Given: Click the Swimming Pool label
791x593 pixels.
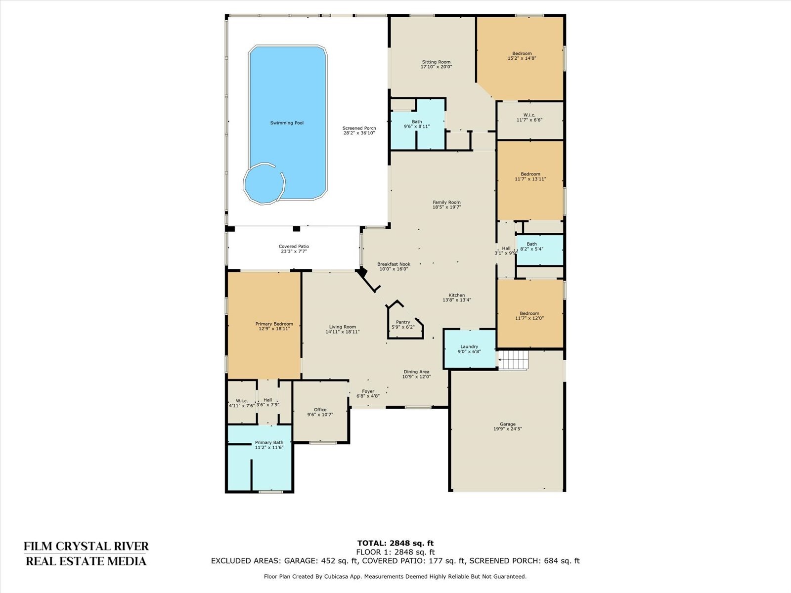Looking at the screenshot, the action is (287, 123).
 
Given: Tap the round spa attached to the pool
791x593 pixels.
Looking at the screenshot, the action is (264, 184).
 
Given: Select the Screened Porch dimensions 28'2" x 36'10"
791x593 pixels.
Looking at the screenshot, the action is (359, 133).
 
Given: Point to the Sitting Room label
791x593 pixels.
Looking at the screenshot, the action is (437, 62).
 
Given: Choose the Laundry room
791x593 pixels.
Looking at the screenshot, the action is (470, 348).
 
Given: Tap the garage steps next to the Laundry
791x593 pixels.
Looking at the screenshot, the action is (513, 360).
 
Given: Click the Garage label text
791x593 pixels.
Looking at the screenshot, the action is (507, 424).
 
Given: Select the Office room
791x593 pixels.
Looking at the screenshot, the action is (320, 412).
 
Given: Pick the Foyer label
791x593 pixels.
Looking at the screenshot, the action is (368, 391).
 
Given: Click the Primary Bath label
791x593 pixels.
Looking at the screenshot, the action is (269, 442).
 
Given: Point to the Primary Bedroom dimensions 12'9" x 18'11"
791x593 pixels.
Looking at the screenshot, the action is (274, 329).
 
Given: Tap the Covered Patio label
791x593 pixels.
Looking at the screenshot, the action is (294, 247).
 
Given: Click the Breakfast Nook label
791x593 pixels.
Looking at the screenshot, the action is (394, 264).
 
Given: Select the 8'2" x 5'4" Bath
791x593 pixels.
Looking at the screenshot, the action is (539, 250).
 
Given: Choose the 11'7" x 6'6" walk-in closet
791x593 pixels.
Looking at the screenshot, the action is (530, 120).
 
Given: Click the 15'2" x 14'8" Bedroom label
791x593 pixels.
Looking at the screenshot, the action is (522, 54).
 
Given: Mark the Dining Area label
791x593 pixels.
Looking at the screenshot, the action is (416, 372).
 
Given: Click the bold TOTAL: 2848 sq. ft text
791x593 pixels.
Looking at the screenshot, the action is (395, 543).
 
